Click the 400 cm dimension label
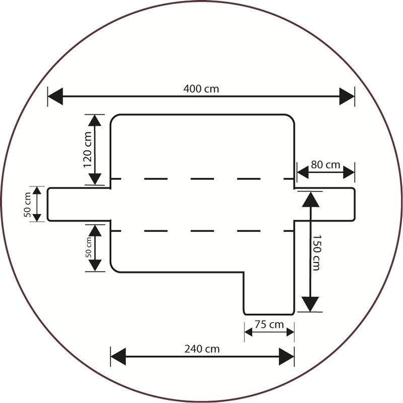[201, 89]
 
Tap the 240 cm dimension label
[201, 349]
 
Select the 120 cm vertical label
[87, 150]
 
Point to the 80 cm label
[325, 165]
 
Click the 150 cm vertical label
[316, 252]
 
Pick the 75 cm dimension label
[269, 324]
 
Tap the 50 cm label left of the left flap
[28, 204]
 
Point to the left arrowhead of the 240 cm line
[118, 357]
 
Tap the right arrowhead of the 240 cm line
[287, 357]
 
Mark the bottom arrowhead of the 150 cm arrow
[311, 304]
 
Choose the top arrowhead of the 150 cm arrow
[311, 199]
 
